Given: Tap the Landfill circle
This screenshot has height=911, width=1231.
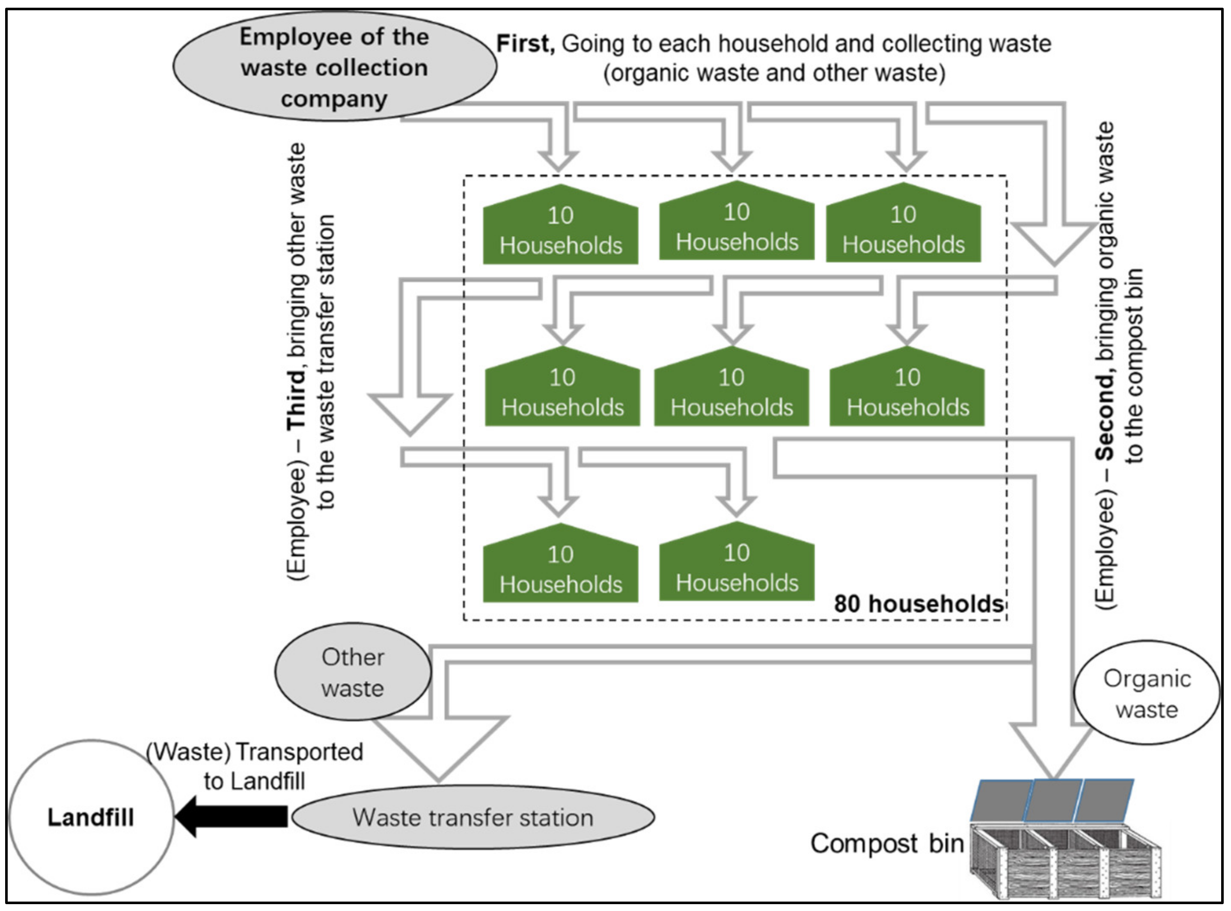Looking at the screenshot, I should click(x=91, y=817).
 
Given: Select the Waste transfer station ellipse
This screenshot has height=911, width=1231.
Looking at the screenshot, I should click(x=473, y=817).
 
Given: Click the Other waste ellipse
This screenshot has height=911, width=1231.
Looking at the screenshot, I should click(x=352, y=672).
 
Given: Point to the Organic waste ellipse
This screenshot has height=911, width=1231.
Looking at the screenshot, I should click(x=1147, y=694).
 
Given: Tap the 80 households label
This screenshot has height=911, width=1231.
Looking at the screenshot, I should click(x=918, y=604).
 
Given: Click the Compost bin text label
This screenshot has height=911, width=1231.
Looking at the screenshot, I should click(x=886, y=843).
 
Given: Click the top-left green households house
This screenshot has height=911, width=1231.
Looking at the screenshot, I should click(x=560, y=229).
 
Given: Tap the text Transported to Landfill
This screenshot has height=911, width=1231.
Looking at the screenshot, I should click(x=255, y=767).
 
